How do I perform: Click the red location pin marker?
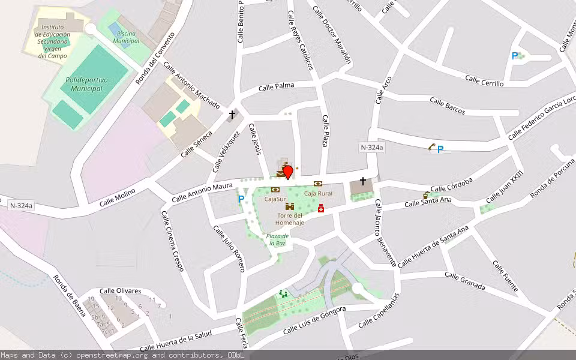point(287,172)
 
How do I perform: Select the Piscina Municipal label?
point(126,37)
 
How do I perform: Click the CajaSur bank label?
point(275,199)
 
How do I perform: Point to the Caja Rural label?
point(318,193)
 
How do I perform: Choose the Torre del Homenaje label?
point(290,219)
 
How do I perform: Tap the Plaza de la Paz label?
point(277,239)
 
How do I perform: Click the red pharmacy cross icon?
point(321,208)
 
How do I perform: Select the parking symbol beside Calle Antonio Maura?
point(241,199)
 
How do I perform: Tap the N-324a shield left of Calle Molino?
point(22,206)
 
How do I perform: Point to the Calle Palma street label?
point(277,87)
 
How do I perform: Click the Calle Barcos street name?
point(447,106)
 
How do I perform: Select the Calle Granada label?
point(464,280)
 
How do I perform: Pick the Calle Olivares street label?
point(121,291)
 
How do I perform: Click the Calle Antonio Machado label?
point(191,85)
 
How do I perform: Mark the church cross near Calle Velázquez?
point(232,114)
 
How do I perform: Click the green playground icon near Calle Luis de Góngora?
point(283,293)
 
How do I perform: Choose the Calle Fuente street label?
point(505,276)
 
